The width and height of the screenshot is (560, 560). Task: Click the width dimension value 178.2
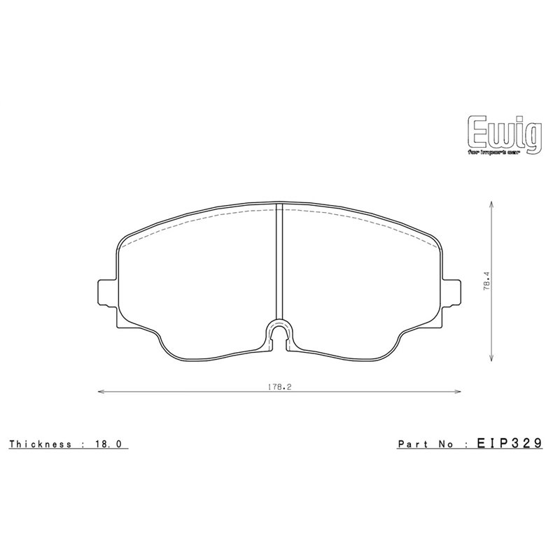278,386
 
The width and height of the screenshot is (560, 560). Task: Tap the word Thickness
38,444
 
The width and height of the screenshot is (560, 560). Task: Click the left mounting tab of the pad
105,293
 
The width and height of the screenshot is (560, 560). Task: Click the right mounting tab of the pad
452,293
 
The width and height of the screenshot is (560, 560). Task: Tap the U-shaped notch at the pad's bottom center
279,334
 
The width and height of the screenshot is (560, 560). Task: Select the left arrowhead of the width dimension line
99,392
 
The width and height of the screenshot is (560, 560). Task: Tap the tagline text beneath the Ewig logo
502,150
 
